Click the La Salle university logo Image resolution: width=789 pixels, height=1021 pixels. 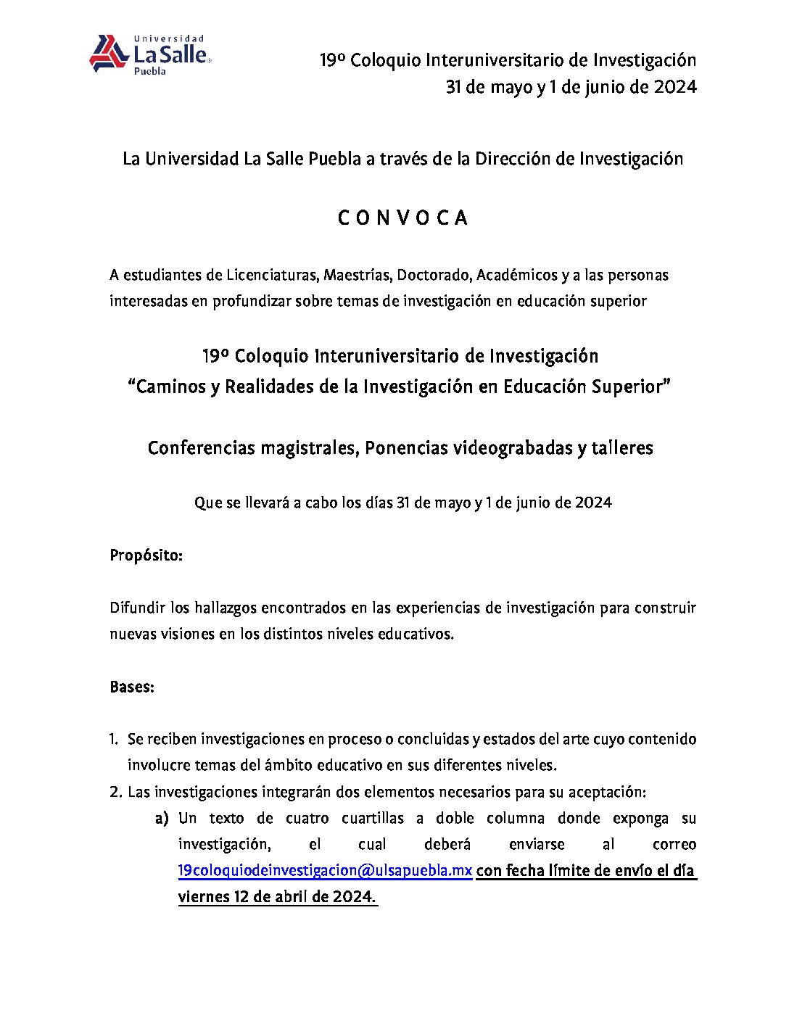coord(149,54)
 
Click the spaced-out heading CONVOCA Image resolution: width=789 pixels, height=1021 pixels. coord(402,218)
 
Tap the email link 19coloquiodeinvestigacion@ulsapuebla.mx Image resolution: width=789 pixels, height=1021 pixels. coord(325,870)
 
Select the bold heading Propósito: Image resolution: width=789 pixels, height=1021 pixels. coord(146,555)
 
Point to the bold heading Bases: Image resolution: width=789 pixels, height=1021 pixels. coord(132,687)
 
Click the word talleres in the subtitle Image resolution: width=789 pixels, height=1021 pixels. coord(622,448)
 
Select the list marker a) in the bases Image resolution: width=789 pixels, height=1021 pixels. coord(162,819)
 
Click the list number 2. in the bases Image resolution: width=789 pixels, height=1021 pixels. coord(115,792)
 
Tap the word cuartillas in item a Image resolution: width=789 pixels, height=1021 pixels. coord(373,819)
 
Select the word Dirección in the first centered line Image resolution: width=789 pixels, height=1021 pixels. coord(513,159)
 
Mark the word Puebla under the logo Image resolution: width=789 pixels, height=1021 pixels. coord(150,72)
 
